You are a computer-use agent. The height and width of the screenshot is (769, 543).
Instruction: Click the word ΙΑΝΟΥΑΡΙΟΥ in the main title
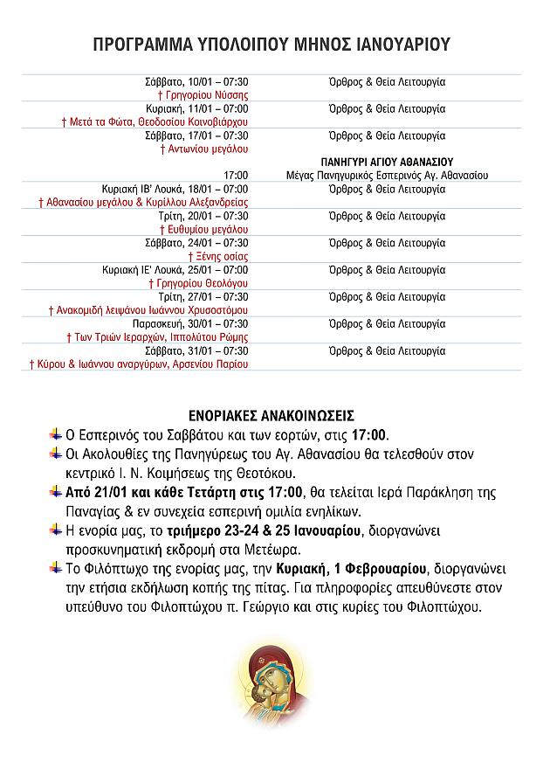(398, 45)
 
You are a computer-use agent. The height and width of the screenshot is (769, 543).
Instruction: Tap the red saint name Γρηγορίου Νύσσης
(203, 95)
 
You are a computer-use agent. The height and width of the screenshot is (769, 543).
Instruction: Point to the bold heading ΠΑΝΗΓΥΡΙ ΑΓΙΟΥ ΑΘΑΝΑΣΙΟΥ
(387, 163)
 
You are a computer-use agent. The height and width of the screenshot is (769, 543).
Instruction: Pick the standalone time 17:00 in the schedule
(236, 176)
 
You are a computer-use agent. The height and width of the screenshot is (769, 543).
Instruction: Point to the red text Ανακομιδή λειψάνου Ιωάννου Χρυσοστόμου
(148, 310)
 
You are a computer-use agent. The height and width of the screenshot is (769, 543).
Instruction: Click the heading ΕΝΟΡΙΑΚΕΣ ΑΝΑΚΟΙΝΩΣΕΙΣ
(271, 414)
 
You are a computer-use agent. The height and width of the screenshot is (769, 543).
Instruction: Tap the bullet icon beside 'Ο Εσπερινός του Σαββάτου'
(56, 434)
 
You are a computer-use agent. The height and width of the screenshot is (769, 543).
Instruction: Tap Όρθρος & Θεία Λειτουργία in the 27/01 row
(387, 297)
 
